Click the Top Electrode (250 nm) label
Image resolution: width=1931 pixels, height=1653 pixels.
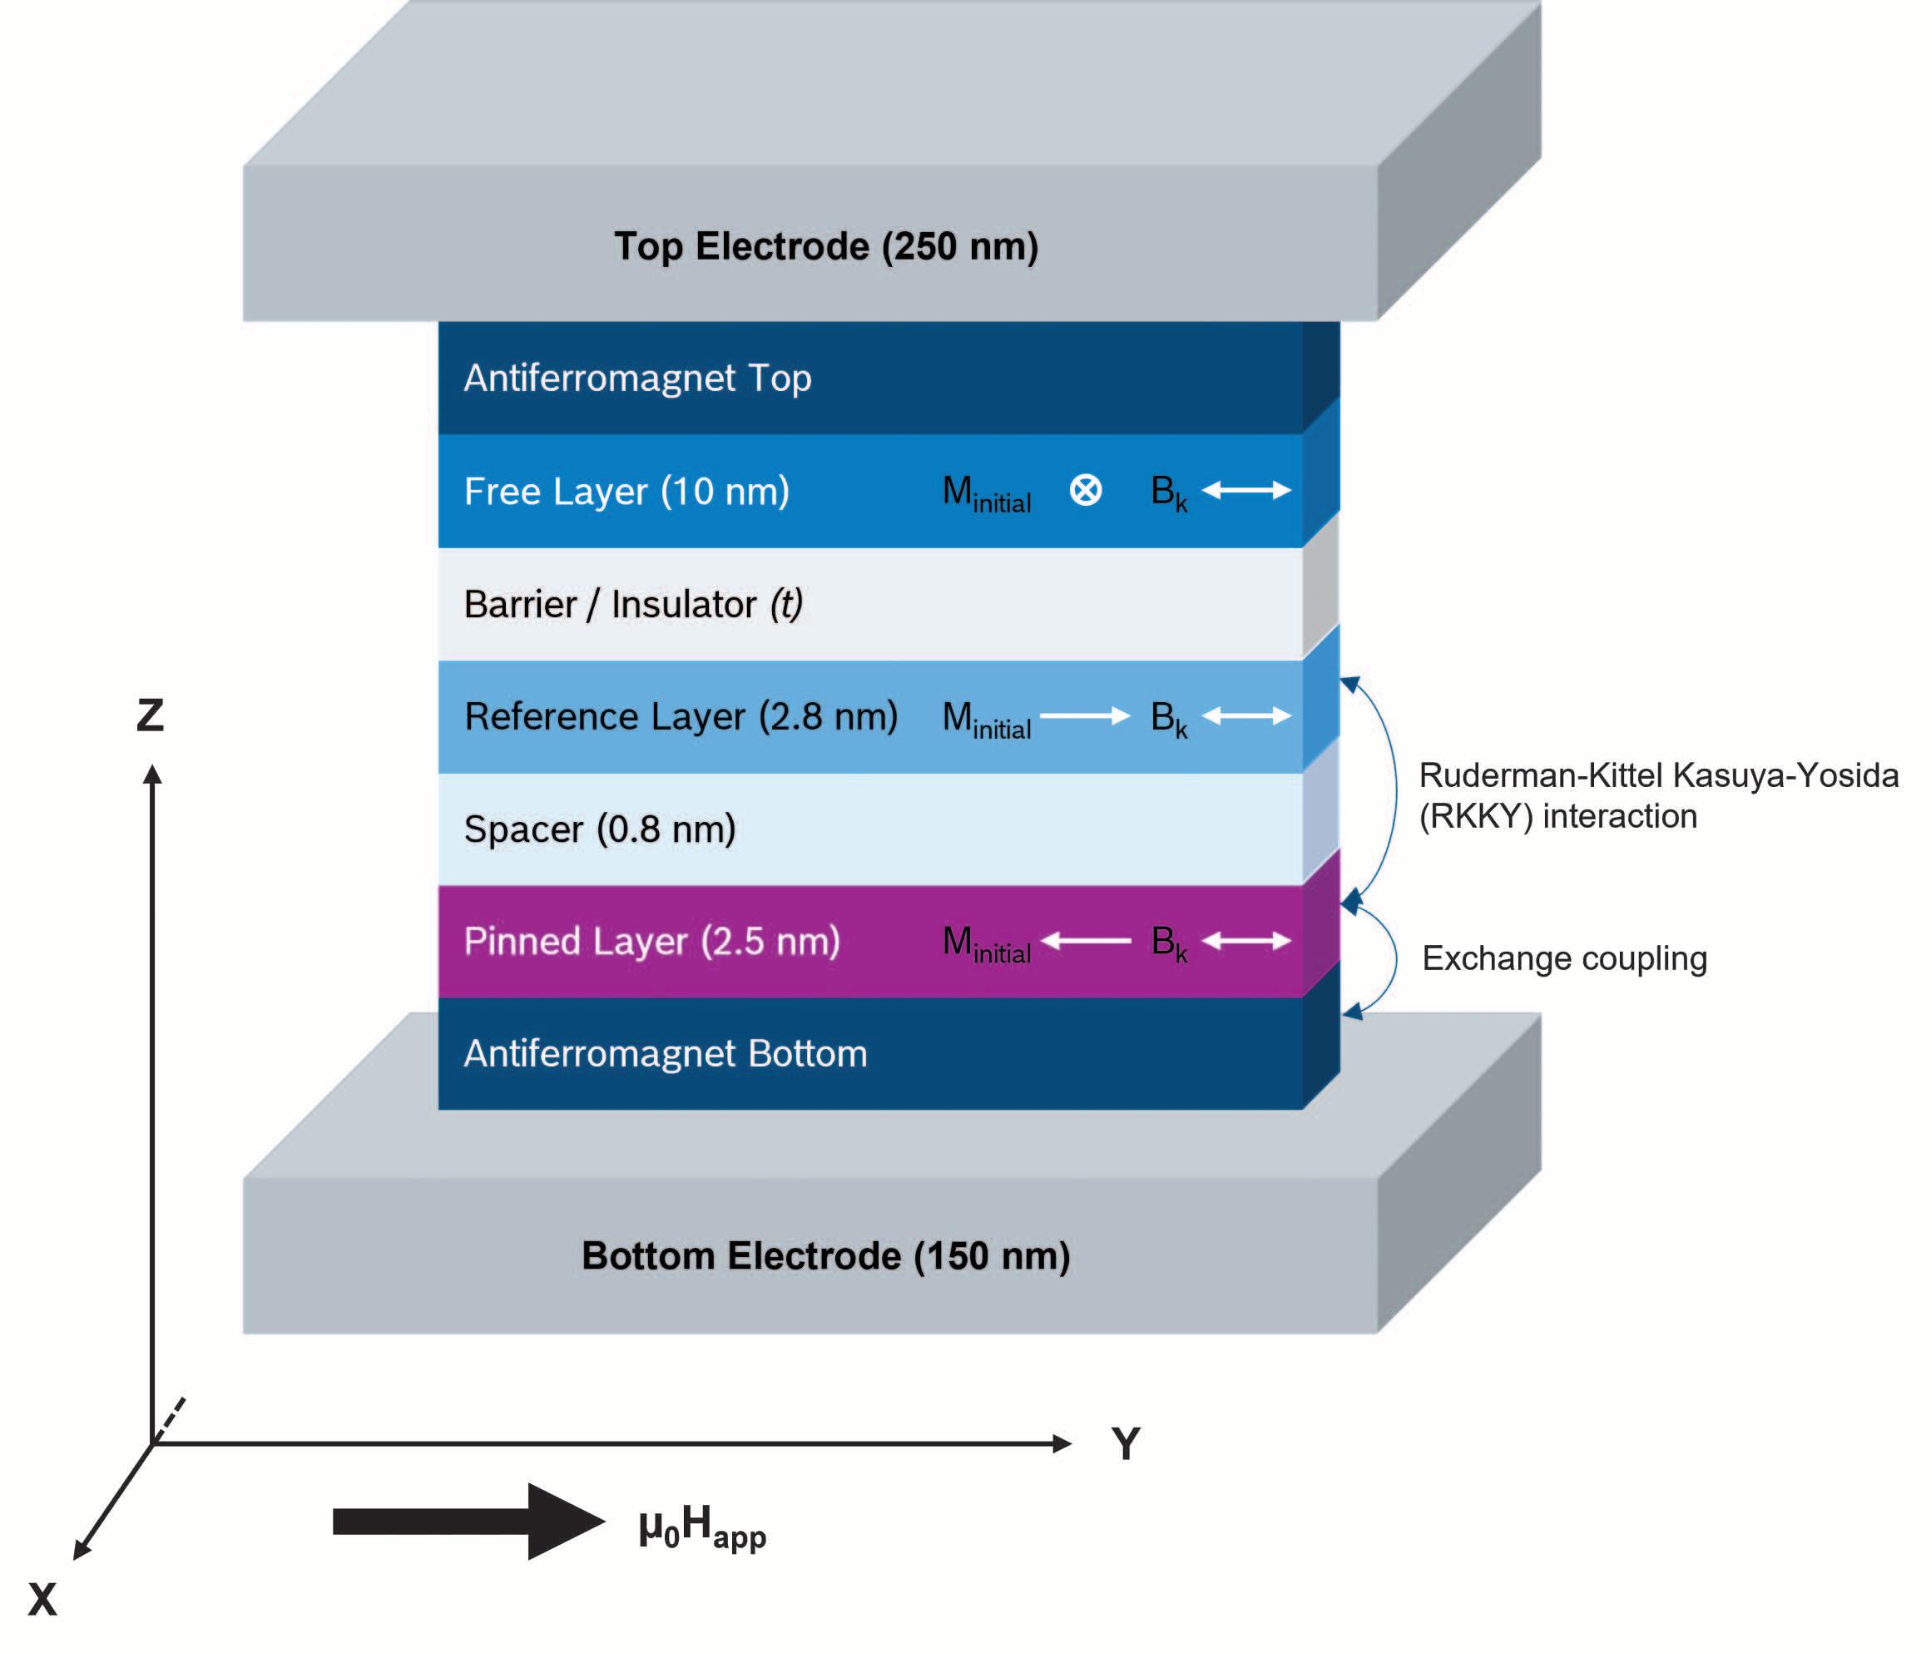click(x=825, y=247)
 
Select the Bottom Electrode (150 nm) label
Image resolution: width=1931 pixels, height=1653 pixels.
click(x=825, y=1256)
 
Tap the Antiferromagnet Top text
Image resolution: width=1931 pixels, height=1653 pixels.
click(x=637, y=379)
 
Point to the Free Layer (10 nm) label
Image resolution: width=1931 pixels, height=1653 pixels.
click(x=627, y=491)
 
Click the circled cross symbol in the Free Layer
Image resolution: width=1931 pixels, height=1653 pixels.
click(x=1086, y=490)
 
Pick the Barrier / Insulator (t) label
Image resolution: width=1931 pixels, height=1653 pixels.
click(x=634, y=605)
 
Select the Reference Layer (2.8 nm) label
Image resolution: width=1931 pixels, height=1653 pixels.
click(x=681, y=716)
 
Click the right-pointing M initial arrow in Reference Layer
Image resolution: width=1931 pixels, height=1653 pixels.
click(x=1085, y=715)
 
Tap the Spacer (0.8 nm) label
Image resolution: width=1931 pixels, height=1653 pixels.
click(x=600, y=829)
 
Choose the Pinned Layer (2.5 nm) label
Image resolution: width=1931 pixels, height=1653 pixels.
click(x=652, y=941)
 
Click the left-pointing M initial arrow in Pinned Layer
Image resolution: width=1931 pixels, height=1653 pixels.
click(x=1086, y=941)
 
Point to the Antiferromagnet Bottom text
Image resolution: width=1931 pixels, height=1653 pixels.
click(x=666, y=1054)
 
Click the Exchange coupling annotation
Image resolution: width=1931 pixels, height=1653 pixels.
click(x=1565, y=958)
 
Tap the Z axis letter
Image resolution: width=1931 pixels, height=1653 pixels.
click(x=150, y=715)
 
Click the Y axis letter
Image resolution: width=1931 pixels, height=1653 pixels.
click(x=1126, y=1444)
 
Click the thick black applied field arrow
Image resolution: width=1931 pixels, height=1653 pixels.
click(x=468, y=1522)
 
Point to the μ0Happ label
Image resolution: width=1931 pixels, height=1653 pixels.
click(x=701, y=1528)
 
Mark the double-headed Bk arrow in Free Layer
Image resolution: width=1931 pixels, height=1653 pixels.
click(x=1247, y=490)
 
